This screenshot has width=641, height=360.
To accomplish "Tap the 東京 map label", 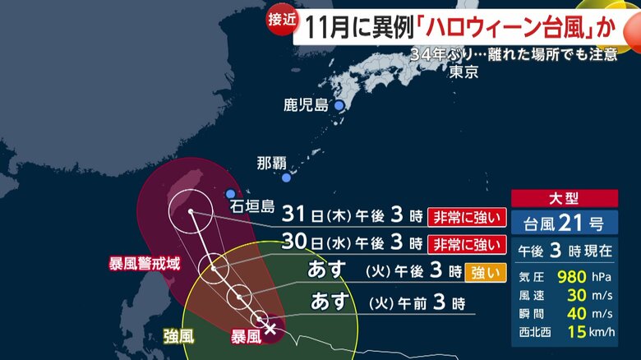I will (x=464, y=72).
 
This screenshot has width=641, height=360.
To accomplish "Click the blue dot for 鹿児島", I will (x=338, y=105).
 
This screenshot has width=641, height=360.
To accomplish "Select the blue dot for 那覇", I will (x=286, y=178).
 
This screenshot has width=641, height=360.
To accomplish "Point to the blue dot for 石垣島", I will (x=230, y=194).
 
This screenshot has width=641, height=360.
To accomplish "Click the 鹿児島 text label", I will (x=306, y=105).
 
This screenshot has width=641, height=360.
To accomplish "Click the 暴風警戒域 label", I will (x=144, y=265).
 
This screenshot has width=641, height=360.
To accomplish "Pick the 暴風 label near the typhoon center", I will (x=247, y=335).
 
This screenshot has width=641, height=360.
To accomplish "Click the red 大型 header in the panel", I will (x=565, y=198).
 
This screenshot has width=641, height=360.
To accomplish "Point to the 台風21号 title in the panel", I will (x=564, y=223).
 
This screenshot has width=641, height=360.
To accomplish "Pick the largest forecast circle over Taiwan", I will (x=191, y=211).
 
